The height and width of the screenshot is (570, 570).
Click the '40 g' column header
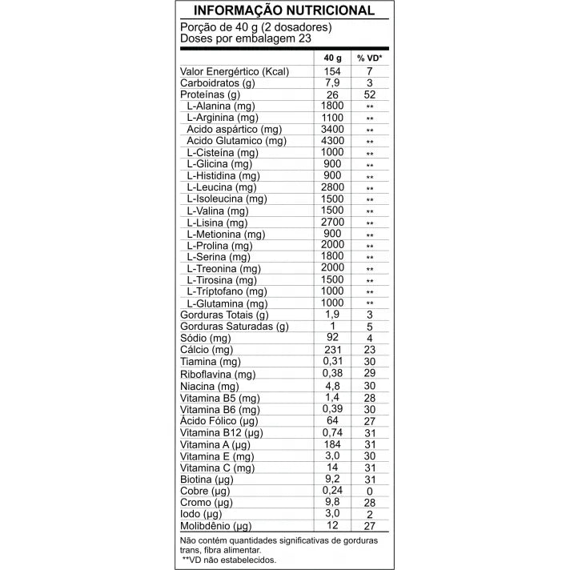point(332,59)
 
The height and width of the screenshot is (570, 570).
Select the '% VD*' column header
point(370,59)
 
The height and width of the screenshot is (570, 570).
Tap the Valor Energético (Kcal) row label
point(235,72)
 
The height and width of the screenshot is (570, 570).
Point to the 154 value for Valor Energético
point(332,72)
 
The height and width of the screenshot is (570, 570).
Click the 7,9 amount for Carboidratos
point(332,83)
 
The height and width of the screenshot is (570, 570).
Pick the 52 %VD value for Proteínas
point(370,94)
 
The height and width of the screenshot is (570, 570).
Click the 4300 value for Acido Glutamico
point(332,141)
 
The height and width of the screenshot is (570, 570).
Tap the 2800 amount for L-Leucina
point(332,187)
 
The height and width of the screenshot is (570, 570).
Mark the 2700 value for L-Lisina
point(332,222)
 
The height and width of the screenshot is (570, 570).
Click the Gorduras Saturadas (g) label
point(235,327)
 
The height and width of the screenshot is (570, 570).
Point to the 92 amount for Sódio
point(332,338)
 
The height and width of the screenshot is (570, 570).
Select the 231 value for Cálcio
point(332,350)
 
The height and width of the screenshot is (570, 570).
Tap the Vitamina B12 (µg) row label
point(222,433)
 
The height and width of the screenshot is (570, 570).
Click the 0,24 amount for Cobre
point(332,490)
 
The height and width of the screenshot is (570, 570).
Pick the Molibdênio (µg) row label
point(217,526)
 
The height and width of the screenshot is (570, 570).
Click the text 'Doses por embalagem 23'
point(246,38)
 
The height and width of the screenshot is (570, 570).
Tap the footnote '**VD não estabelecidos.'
point(229,560)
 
